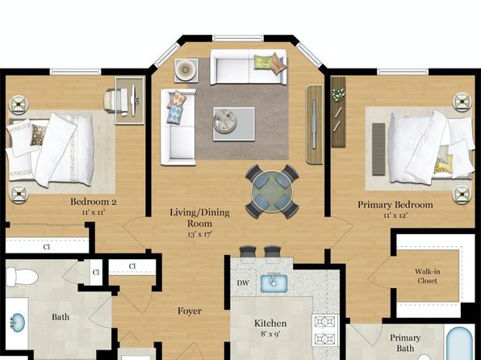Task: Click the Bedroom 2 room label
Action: click(94, 202)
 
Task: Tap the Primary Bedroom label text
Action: click(395, 205)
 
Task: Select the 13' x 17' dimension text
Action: click(199, 234)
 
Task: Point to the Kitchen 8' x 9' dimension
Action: click(270, 333)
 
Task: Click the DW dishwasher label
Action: click(243, 283)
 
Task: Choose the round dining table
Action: click(272, 191)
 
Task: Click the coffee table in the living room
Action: click(234, 124)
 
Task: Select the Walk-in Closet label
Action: click(427, 276)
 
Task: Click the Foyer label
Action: click(190, 311)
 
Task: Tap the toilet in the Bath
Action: click(22, 277)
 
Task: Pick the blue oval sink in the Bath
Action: click(18, 322)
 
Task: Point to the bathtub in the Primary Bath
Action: click(460, 343)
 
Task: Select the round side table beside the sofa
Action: click(186, 70)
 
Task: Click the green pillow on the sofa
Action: click(262, 62)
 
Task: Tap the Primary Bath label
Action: click(405, 343)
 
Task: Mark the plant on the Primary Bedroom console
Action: click(338, 94)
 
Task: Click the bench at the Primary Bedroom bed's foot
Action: click(379, 149)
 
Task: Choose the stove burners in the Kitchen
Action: click(325, 330)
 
